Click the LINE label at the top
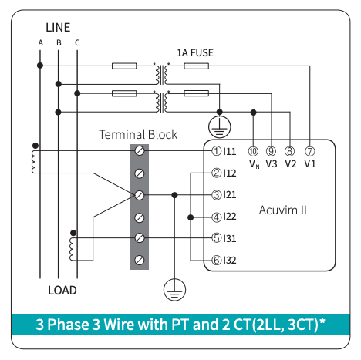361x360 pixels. (x=58, y=28)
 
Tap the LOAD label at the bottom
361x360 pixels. (x=62, y=291)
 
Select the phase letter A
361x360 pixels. (x=40, y=42)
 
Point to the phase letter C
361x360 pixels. (x=77, y=42)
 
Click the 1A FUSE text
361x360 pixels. (x=195, y=52)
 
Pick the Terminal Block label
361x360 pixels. (x=138, y=134)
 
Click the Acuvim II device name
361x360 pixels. (x=283, y=210)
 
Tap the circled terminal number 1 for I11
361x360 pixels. (x=216, y=151)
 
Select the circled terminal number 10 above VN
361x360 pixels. (x=253, y=151)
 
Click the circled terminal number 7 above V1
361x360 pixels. (x=310, y=151)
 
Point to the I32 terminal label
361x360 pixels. (x=230, y=261)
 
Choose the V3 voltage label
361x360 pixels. (x=272, y=163)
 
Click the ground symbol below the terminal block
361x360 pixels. (x=174, y=290)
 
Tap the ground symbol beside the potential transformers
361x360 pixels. (x=219, y=127)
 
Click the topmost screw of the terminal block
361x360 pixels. (x=140, y=151)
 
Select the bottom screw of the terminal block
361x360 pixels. (x=140, y=261)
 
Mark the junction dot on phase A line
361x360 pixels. (x=40, y=66)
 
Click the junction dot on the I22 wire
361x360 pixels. (x=191, y=217)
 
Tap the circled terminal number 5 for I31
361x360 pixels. (x=216, y=238)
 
